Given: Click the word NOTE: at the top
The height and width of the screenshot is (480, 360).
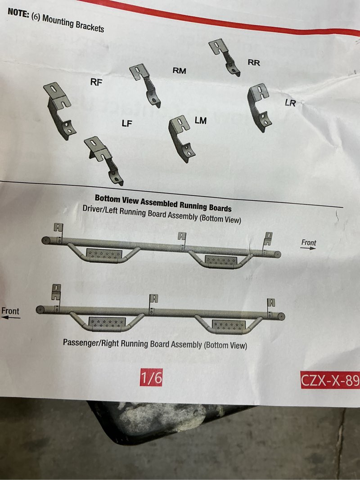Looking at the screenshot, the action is point(18,13).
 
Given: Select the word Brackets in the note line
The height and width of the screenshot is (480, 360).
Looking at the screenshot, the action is point(90,27).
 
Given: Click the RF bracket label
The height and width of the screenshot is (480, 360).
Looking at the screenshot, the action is point(96,82).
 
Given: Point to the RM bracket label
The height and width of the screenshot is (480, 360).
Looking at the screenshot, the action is point(180,71).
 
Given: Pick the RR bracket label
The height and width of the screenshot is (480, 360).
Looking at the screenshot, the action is point(254,63).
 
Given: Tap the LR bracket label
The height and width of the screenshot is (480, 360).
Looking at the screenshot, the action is point(290,103).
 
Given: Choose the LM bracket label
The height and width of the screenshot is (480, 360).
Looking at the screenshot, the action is point(201,121).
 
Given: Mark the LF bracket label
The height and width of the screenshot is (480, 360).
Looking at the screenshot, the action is point(127,124).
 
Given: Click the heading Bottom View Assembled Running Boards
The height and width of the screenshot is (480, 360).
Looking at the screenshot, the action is point(163,203).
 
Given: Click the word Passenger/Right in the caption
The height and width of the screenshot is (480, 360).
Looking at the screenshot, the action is point(91,342).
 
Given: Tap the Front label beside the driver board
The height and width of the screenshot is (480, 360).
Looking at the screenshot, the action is point(309,243).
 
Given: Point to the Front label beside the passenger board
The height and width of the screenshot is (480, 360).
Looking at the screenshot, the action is point(10,311).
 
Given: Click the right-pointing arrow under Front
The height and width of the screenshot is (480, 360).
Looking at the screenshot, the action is point(308,248).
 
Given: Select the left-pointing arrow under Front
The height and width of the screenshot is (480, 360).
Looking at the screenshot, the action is point(11,318).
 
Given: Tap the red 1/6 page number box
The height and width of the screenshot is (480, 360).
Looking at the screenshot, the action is point(151,378).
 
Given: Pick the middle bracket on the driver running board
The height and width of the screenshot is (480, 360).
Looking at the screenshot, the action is point(182,240).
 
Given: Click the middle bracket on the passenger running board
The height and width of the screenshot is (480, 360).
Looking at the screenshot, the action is point(153,303).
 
